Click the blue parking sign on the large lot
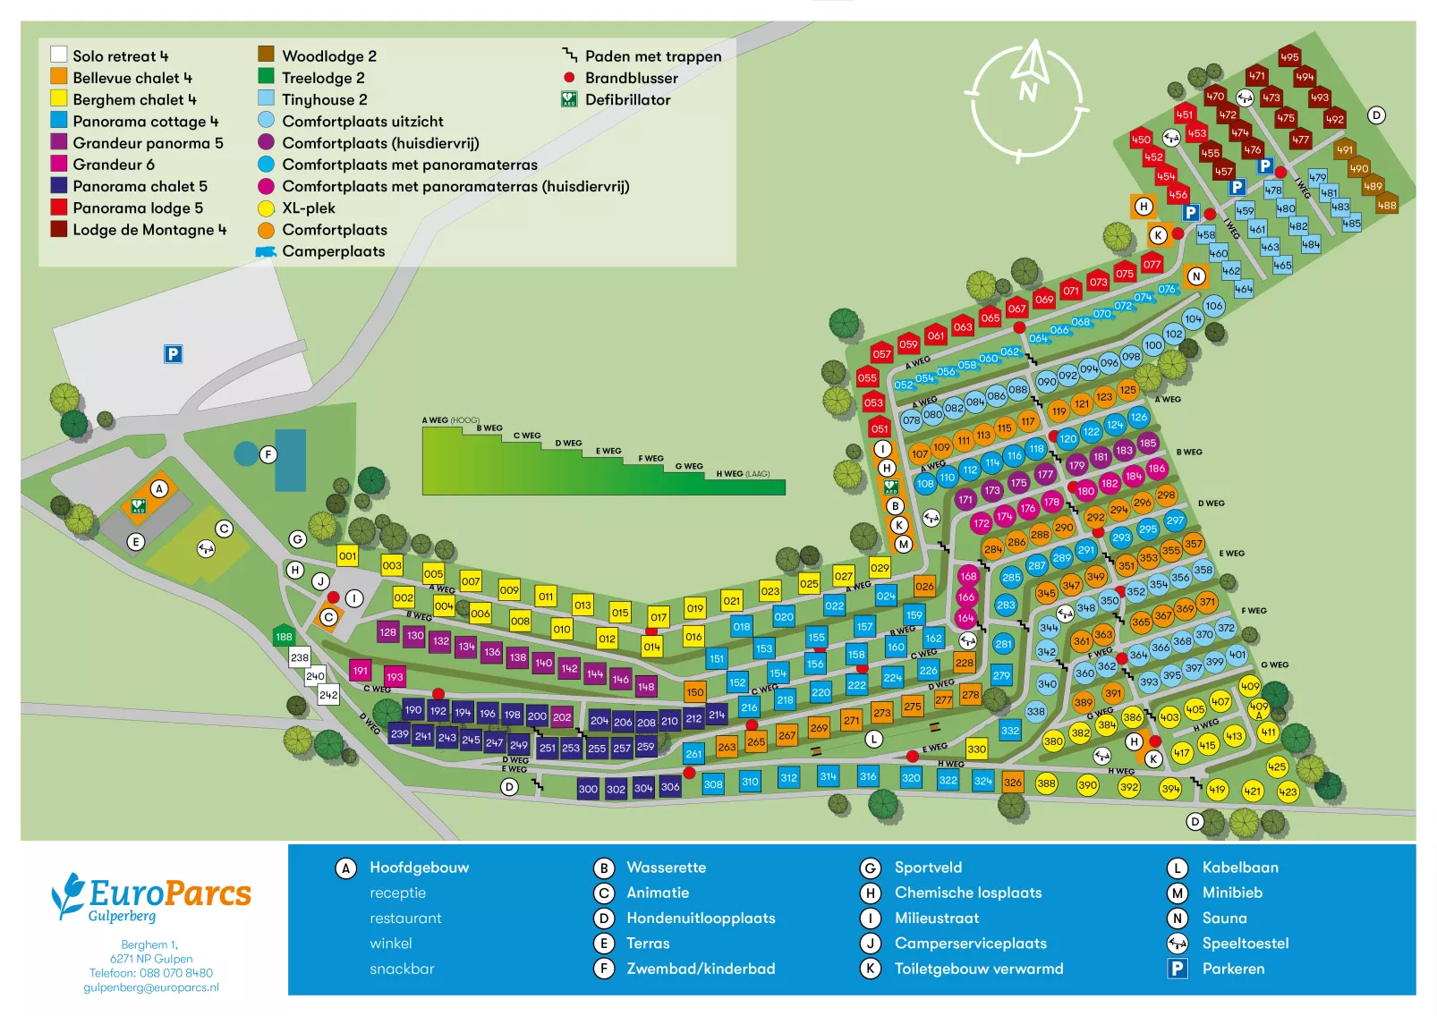coord(173,354)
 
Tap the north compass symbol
coord(1028,99)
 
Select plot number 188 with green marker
coord(284,637)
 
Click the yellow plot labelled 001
coord(347,556)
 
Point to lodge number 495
coord(1289,57)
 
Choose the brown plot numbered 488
coord(1386,206)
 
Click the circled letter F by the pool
coord(268,454)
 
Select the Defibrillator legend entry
coord(627,100)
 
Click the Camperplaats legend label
coord(333,252)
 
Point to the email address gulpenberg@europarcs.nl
coord(150,987)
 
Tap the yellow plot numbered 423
coord(1287,792)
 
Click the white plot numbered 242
coord(328,695)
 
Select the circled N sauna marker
coord(1195,276)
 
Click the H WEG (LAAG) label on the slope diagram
coord(742,474)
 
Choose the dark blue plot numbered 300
coord(587,789)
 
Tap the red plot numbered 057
coord(881,354)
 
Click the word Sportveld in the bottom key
coord(928,868)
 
